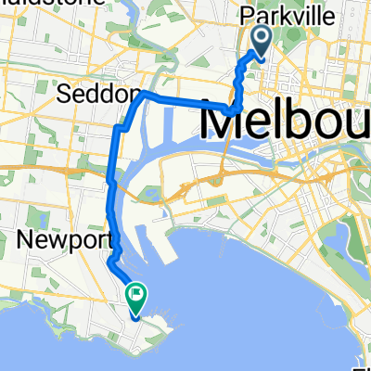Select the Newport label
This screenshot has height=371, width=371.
pyautogui.click(x=59, y=241)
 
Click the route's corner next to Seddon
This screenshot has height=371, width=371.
pyautogui.click(x=144, y=95)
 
